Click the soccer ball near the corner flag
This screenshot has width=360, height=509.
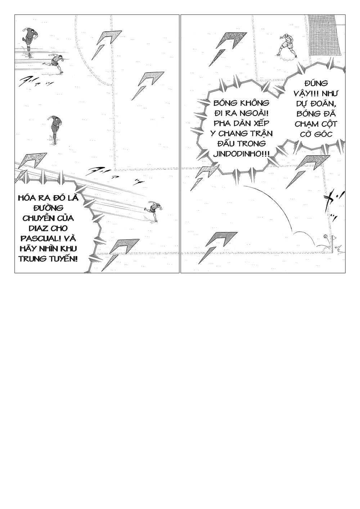(325, 236)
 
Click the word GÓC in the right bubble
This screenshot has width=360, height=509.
(320, 134)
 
